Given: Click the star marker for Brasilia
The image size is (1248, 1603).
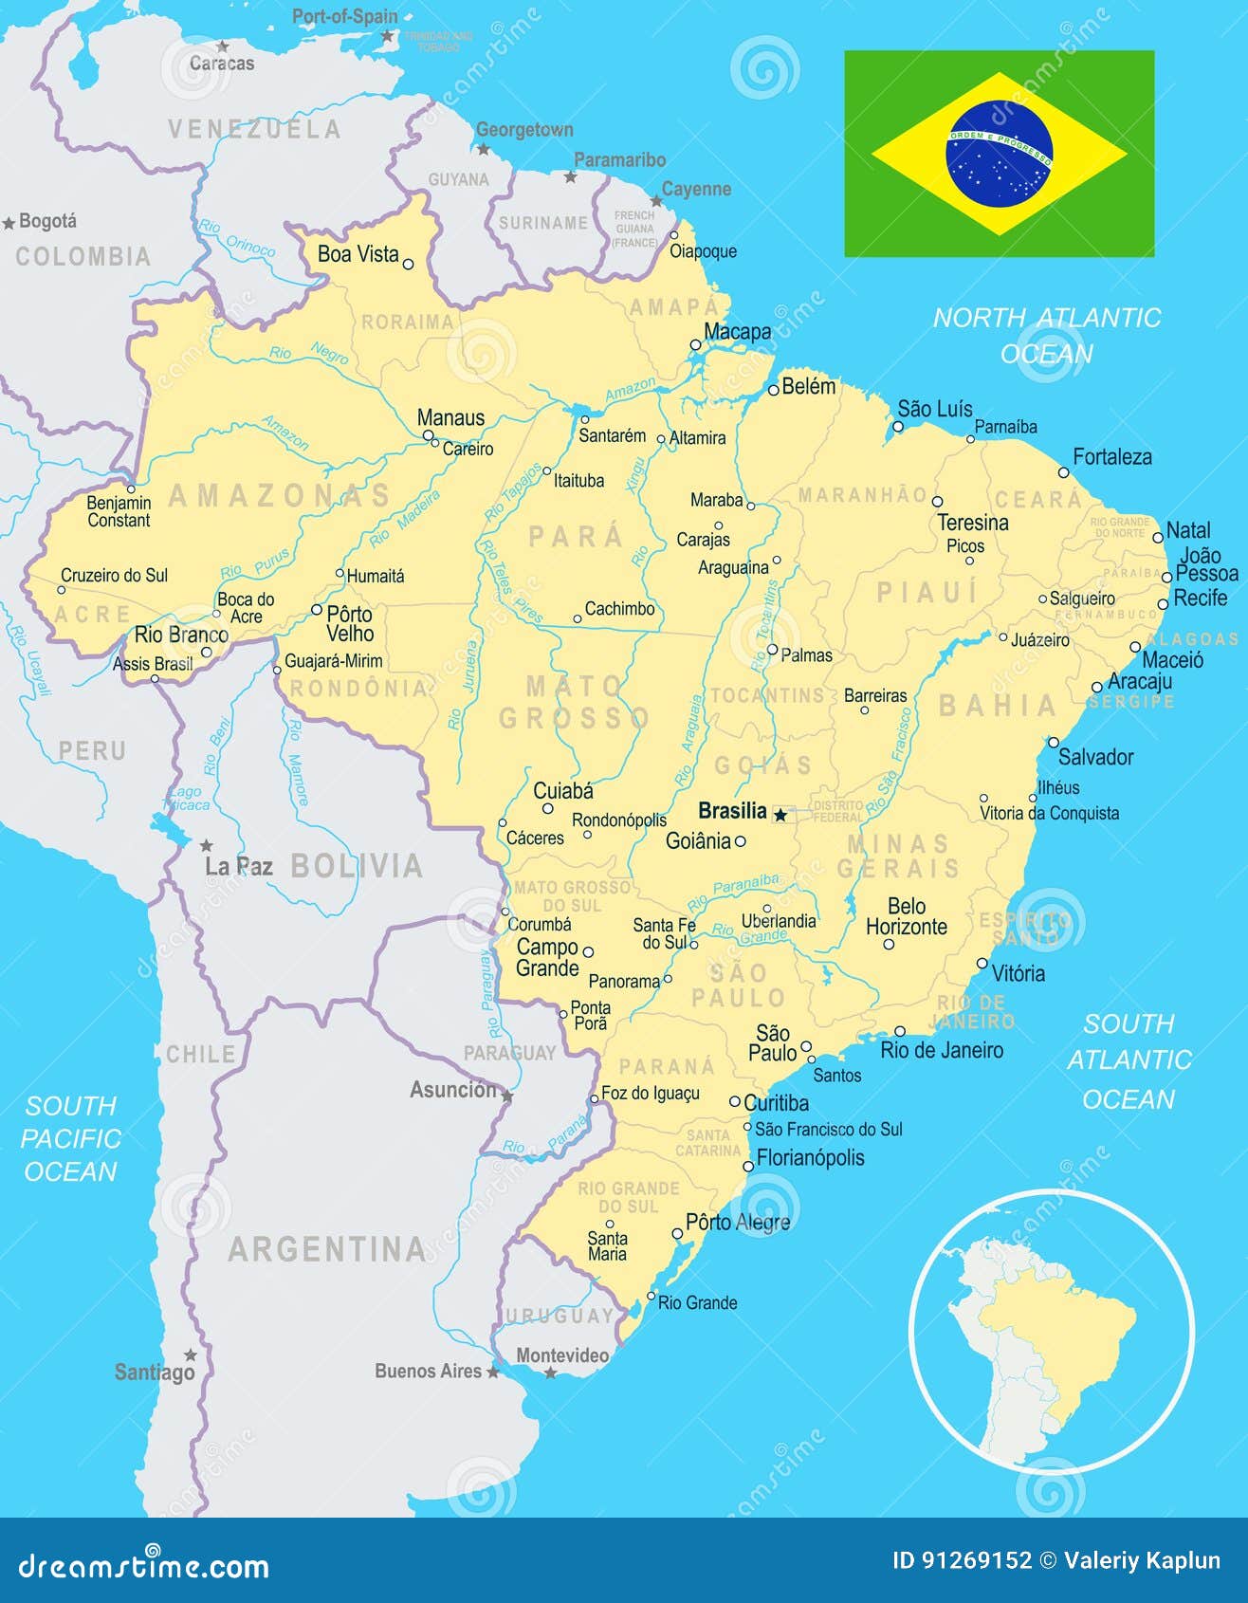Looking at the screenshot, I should [x=780, y=814].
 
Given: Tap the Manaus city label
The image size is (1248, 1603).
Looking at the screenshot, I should [x=450, y=418].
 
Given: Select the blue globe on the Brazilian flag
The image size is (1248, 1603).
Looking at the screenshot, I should [x=1000, y=154].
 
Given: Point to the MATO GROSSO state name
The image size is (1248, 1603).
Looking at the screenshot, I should [x=574, y=702].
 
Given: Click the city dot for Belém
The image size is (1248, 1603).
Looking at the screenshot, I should [x=774, y=390].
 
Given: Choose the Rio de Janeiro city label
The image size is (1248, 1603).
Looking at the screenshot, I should [x=941, y=1050].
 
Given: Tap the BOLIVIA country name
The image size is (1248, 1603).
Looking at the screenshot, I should [x=357, y=866].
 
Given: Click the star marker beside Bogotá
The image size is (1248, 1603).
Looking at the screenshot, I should [x=9, y=223].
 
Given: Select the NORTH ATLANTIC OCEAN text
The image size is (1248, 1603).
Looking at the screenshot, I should [x=1047, y=335].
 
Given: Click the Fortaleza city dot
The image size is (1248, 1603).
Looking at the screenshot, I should [x=1064, y=472].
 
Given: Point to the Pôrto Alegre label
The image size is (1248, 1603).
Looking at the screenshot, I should [x=737, y=1223].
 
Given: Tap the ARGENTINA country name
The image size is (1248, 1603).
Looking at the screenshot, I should [x=327, y=1249].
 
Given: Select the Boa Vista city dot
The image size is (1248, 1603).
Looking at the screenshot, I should [x=409, y=265].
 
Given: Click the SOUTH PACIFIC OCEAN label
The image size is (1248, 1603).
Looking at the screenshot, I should [x=71, y=1138].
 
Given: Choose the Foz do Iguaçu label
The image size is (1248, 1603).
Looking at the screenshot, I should [x=651, y=1093].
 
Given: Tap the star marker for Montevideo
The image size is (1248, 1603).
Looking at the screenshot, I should [x=550, y=1373].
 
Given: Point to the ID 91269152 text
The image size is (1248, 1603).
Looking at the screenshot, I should [x=962, y=1560].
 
